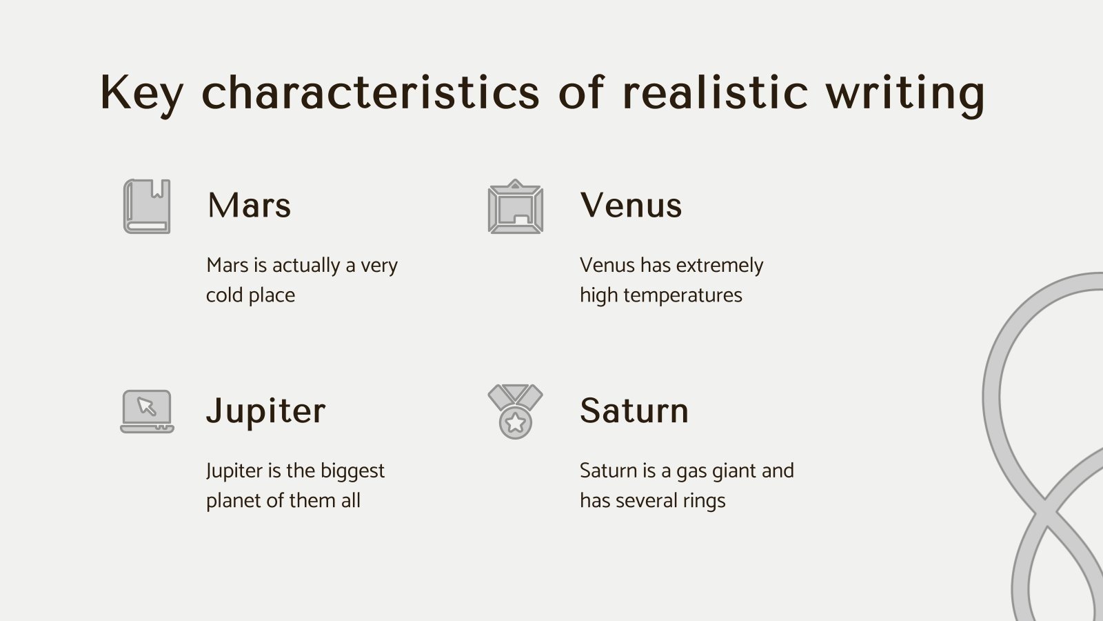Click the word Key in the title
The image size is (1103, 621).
point(141,92)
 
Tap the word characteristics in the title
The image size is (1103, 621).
point(371,92)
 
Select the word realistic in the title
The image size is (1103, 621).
point(714,92)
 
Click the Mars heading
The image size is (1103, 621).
point(249,205)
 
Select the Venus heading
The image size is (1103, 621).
point(631,205)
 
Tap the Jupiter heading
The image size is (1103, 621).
point(265,411)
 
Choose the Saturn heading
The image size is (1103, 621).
point(634,411)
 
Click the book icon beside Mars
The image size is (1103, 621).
point(146,206)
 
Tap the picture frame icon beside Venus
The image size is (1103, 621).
point(515,206)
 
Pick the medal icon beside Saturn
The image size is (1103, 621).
point(515,411)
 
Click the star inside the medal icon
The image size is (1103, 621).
point(515,422)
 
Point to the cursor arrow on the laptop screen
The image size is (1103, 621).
point(146,406)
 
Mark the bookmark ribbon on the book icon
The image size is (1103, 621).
point(160,188)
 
